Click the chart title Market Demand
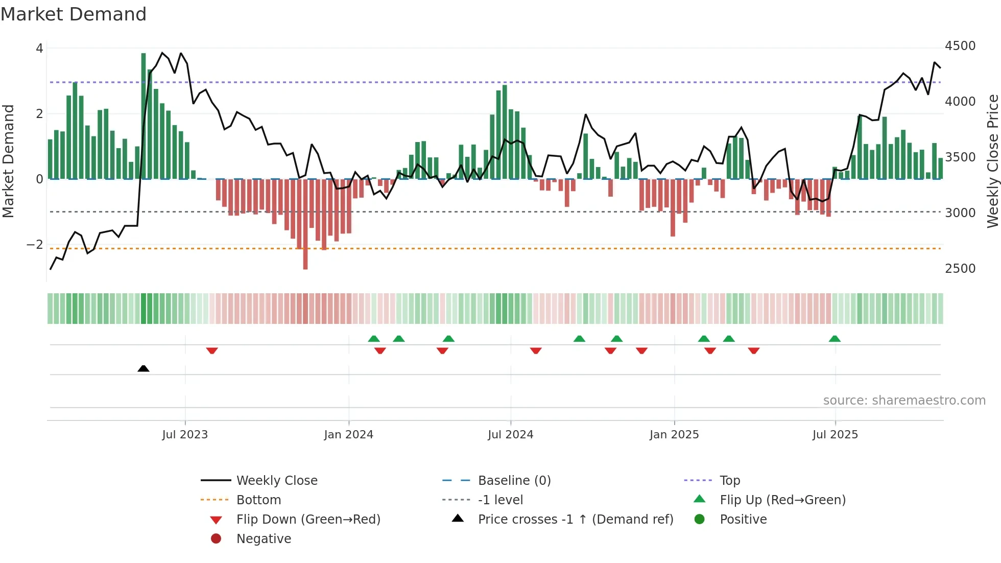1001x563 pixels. (74, 14)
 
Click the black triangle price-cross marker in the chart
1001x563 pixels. (144, 368)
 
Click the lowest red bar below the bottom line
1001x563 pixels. (305, 258)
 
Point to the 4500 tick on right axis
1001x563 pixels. (960, 46)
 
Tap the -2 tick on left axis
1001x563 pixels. (35, 245)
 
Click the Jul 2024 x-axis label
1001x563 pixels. (510, 435)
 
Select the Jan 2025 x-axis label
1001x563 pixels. (674, 435)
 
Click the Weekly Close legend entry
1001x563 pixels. (276, 481)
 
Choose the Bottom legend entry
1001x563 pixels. (258, 500)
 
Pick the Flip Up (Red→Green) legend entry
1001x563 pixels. (782, 500)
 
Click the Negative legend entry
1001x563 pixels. (264, 539)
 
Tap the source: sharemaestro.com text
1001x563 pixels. (904, 401)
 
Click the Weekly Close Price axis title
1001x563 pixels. (992, 161)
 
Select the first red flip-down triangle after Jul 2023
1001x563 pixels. (212, 350)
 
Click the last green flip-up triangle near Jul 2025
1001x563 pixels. (835, 339)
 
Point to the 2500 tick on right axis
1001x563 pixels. (960, 269)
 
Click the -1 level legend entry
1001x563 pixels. (500, 500)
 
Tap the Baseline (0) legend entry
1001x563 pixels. (514, 481)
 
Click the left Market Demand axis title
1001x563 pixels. (9, 161)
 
